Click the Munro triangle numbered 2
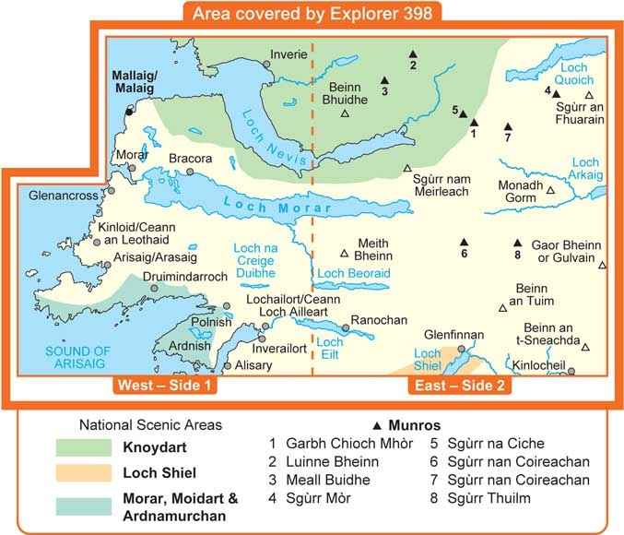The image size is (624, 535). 413,53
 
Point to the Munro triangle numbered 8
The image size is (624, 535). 517,243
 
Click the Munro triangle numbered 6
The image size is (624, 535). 465,243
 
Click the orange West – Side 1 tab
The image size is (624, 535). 164,386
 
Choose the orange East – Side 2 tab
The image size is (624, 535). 460,386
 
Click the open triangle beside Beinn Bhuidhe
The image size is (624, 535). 345,113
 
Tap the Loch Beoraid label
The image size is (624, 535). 354,274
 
